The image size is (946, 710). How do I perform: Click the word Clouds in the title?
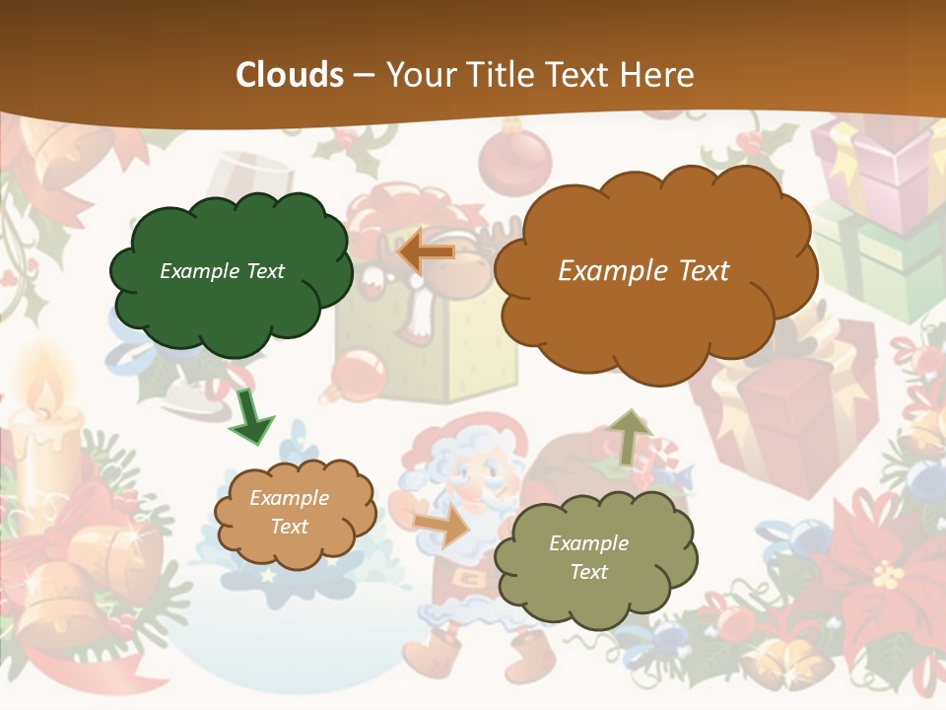(x=290, y=75)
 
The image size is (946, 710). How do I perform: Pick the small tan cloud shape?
(x=295, y=513)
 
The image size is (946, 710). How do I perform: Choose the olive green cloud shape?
(x=594, y=558)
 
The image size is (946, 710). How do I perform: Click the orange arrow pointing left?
(x=426, y=252)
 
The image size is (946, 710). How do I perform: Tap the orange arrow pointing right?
(x=442, y=527)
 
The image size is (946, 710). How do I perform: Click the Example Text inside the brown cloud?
(x=643, y=270)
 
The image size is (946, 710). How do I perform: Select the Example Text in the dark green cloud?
(x=222, y=271)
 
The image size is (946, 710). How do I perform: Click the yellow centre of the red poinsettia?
(x=889, y=572)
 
